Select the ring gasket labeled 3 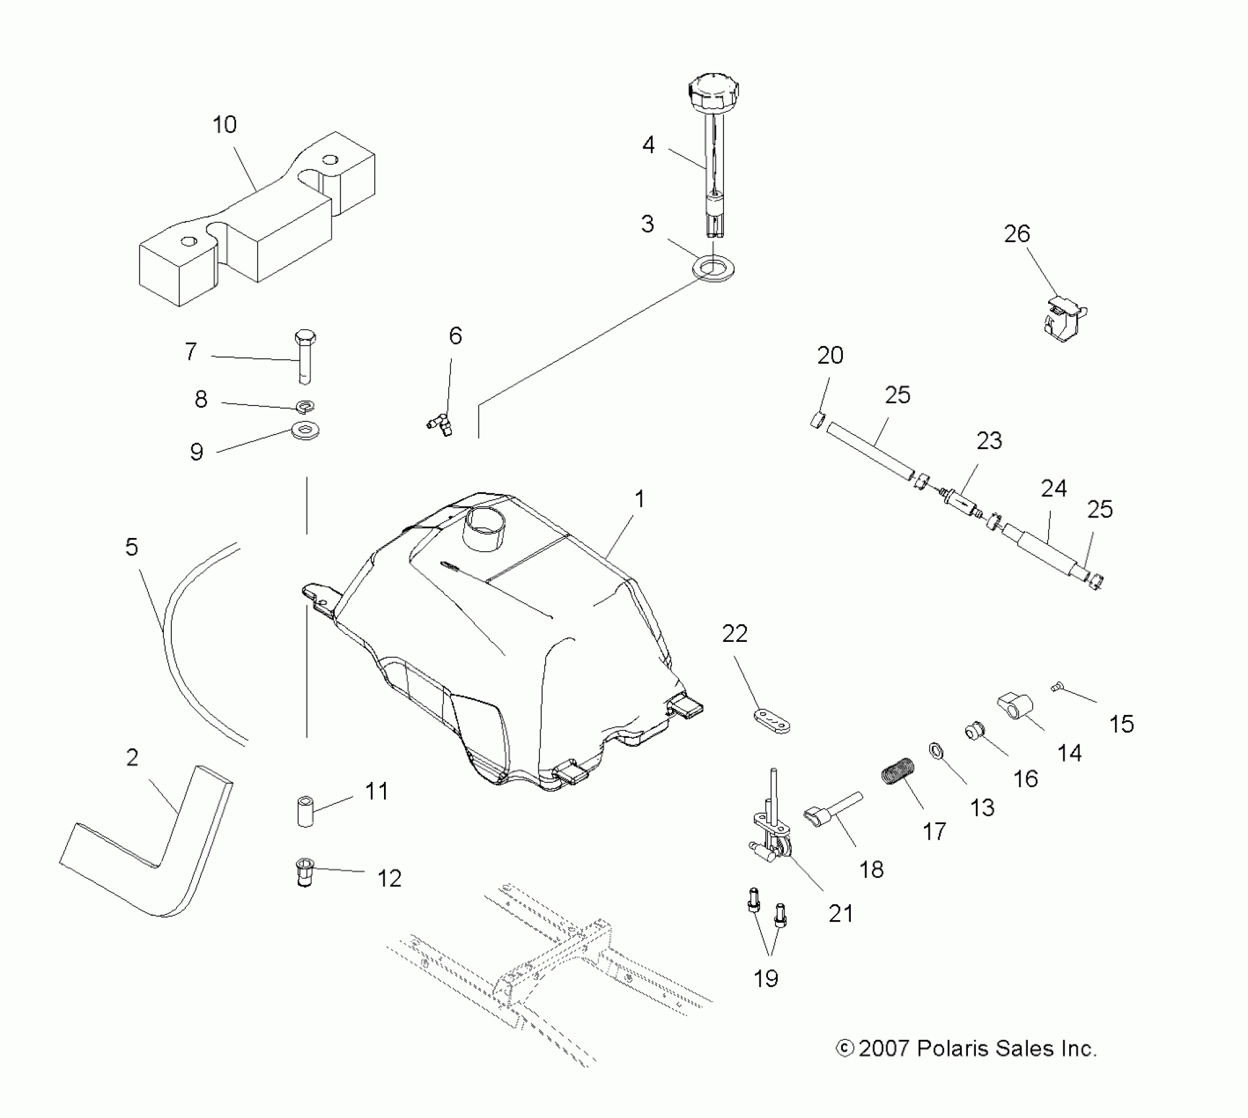coord(713,270)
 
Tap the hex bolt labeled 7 coord(304,355)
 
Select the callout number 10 coord(225,125)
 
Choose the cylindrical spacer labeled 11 coord(305,812)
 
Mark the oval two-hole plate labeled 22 coord(771,720)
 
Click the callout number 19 coord(766,979)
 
